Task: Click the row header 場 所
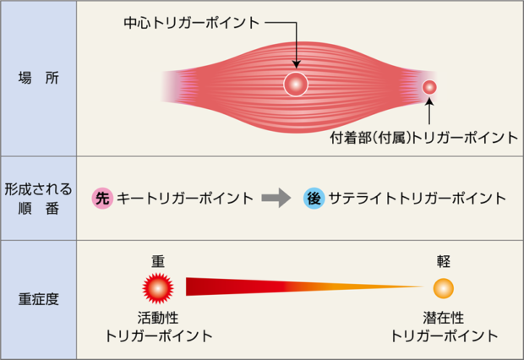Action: pos(38,79)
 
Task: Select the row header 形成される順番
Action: pos(38,199)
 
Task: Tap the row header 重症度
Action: pos(38,299)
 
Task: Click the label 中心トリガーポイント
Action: pos(192,23)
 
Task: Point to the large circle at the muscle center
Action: pos(296,85)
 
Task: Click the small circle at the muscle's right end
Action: pos(429,87)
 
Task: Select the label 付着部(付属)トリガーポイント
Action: pos(424,138)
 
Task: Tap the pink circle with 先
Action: pos(102,199)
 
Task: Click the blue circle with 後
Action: pos(314,199)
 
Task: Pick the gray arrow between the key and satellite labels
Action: pos(276,198)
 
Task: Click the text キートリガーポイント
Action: pos(185,199)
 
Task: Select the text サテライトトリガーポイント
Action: pos(417,199)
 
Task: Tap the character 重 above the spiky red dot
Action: pos(158,261)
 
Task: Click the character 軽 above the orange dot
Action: pos(444,261)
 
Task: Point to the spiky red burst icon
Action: pos(158,288)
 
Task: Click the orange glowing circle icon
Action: pos(444,288)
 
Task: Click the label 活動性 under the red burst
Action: pos(158,318)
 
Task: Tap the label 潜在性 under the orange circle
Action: pos(444,318)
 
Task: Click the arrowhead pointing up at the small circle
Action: pos(429,101)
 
